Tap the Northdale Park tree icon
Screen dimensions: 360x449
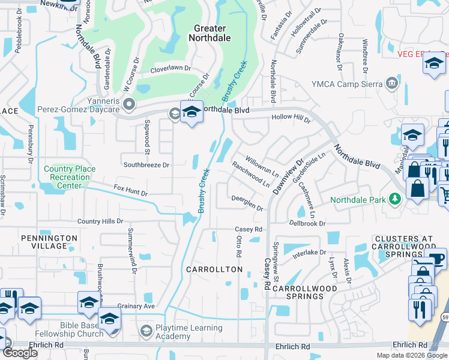[x=395, y=199]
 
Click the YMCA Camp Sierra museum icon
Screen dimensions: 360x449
[x=392, y=83]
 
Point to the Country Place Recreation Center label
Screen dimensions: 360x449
[x=70, y=178]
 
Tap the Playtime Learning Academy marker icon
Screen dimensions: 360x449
[x=146, y=331]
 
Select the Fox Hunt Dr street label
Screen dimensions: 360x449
[x=130, y=194]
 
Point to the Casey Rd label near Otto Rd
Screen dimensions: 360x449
[x=249, y=229]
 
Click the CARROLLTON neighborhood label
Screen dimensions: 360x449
[x=214, y=269]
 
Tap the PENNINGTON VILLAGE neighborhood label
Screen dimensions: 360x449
[x=49, y=242]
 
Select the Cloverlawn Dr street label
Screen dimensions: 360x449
[x=170, y=69]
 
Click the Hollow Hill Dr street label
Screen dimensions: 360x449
[x=291, y=118]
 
